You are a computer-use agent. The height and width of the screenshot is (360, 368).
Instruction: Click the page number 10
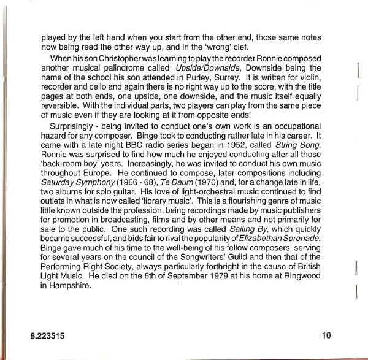click(326, 335)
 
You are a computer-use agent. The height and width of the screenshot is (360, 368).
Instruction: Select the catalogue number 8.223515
click(48, 336)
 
